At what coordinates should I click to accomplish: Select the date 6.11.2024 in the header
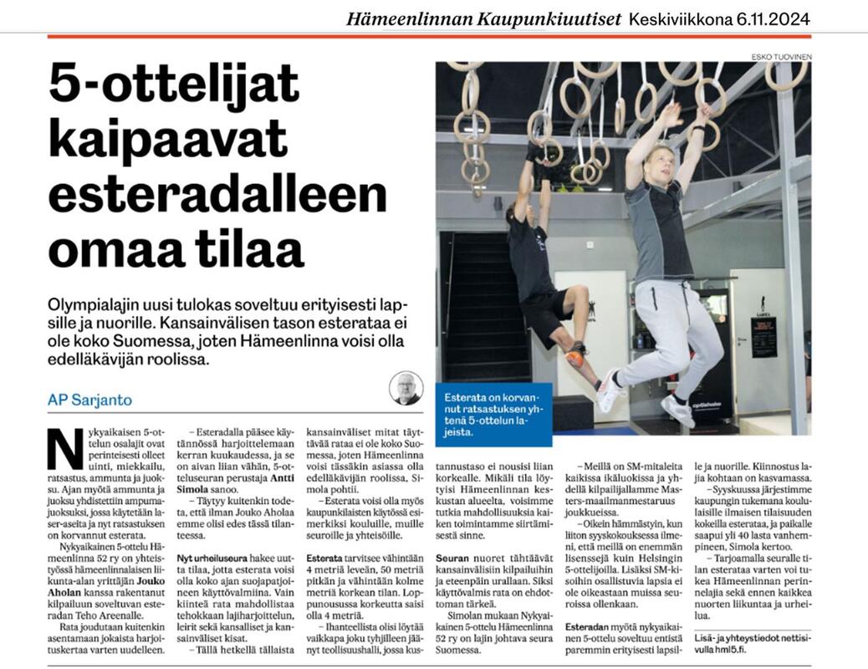click(x=774, y=18)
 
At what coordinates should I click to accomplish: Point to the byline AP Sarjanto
click(x=89, y=400)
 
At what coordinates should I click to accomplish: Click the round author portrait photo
click(x=406, y=388)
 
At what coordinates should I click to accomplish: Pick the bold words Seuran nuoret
click(x=468, y=556)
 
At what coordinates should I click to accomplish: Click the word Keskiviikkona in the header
click(x=679, y=18)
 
